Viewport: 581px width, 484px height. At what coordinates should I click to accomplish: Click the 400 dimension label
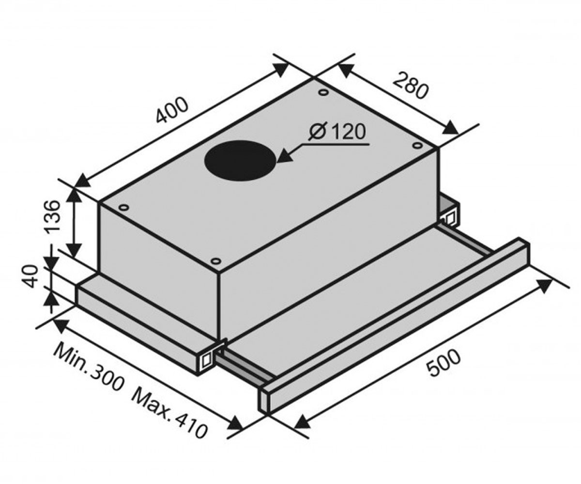(172, 110)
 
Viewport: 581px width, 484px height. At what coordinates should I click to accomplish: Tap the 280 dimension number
(411, 85)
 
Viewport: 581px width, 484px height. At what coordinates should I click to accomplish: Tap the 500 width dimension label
(443, 363)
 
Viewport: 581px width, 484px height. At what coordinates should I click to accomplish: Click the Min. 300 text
(89, 368)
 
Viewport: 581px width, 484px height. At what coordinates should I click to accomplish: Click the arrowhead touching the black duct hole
(285, 158)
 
